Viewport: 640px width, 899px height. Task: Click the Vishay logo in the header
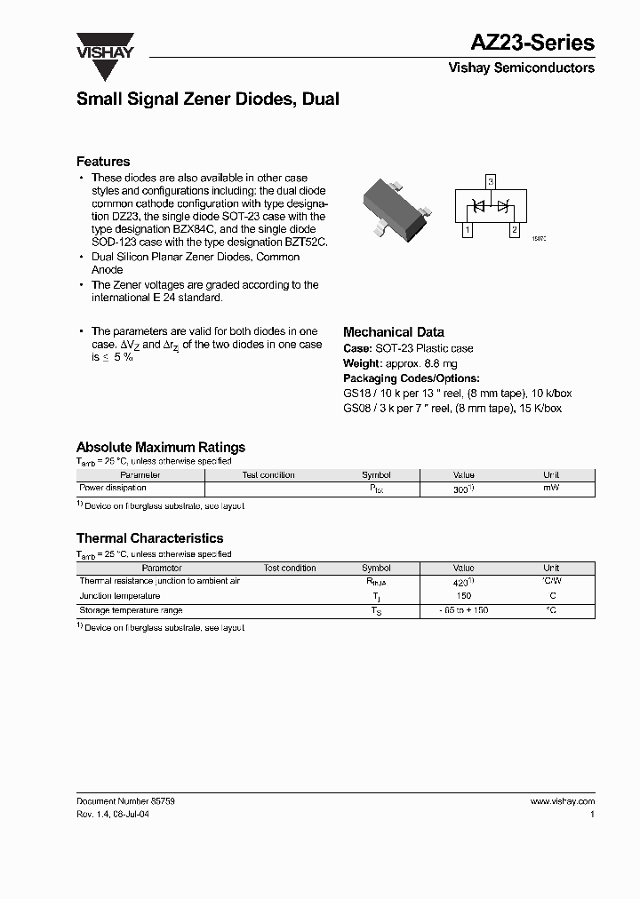click(104, 45)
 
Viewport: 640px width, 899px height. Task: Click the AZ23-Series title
click(532, 43)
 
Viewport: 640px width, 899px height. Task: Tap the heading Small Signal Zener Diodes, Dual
click(208, 99)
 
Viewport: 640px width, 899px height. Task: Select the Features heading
click(103, 162)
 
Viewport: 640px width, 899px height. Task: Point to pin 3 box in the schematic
click(490, 182)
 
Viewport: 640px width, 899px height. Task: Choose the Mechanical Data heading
click(394, 332)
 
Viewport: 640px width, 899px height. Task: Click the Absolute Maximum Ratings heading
click(161, 448)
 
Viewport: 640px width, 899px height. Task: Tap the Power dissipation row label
click(113, 488)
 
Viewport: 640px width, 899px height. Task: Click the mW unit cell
click(551, 488)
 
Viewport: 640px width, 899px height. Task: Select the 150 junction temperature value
click(463, 595)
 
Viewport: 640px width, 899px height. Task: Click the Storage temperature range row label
click(131, 610)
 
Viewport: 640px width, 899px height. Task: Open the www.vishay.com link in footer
click(562, 800)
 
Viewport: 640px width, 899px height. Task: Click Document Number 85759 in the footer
click(125, 800)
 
